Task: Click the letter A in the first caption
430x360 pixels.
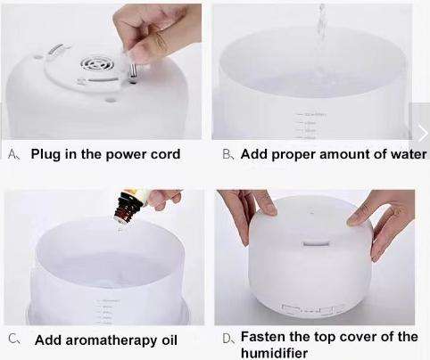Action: [x=12, y=154]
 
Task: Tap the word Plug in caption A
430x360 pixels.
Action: [x=46, y=154]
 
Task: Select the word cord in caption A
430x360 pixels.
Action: [x=164, y=154]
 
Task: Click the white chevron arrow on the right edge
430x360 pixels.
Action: [x=421, y=132]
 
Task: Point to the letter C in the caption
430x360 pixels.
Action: [x=12, y=340]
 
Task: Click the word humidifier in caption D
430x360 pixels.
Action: [x=277, y=352]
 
